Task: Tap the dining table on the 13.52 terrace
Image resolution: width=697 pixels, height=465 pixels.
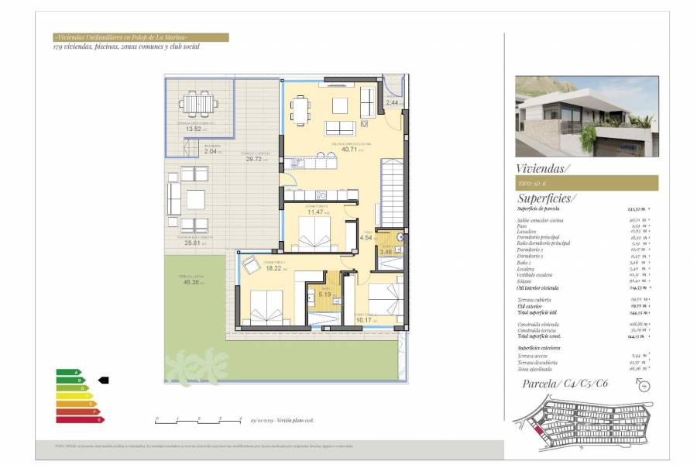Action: (199, 102)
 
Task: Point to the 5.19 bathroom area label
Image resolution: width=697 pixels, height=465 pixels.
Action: (324, 294)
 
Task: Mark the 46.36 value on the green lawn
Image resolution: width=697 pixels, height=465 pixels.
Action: (193, 283)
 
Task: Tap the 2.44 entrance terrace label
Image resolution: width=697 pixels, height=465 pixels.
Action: (393, 102)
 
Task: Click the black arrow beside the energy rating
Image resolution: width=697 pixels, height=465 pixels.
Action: (104, 380)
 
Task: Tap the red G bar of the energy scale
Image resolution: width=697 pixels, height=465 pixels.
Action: (80, 419)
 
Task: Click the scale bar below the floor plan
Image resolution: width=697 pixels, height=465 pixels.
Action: (188, 419)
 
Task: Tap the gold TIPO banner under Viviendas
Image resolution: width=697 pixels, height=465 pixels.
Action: (586, 183)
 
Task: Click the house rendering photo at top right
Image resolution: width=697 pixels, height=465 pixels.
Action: (586, 116)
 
